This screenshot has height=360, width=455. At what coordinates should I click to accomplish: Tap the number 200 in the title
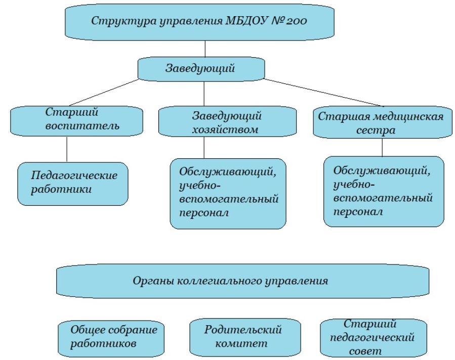tap(296, 21)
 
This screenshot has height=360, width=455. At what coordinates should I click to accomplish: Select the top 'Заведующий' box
tap(201, 69)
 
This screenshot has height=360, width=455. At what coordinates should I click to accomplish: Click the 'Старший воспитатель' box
tap(76, 121)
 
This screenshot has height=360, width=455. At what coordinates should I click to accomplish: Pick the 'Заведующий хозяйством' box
tap(227, 121)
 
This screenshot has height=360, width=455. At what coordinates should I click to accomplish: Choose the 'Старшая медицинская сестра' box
tap(383, 122)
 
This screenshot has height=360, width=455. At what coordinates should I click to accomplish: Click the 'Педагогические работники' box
tap(73, 184)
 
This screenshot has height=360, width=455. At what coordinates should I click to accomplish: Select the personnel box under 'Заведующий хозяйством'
tap(228, 194)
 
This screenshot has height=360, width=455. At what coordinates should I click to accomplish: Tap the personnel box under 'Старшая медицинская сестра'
tap(384, 192)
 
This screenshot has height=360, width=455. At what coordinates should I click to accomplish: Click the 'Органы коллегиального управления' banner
tap(242, 281)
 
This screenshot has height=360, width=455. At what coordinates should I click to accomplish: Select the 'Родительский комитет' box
tap(245, 337)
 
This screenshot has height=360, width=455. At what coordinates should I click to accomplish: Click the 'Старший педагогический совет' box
tap(374, 338)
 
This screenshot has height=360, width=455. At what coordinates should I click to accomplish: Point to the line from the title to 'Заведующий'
tap(205, 49)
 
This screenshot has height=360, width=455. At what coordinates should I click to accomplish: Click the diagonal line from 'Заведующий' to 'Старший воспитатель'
tap(104, 93)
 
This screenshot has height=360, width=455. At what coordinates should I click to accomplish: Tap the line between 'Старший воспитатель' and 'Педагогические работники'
tap(67, 149)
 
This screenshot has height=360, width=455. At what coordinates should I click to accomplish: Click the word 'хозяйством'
tap(225, 129)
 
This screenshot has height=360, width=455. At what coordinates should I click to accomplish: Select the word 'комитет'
tap(241, 344)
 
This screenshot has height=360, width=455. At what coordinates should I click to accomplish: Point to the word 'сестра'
tap(376, 130)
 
